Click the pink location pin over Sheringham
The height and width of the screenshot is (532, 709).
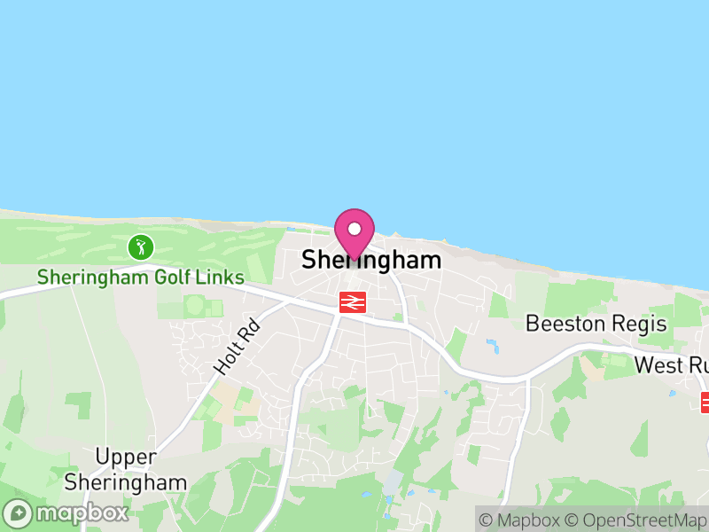(354, 232)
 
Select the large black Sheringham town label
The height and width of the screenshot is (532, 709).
(371, 260)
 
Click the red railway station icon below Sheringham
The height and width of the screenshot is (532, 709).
(353, 302)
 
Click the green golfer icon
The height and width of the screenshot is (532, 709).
(140, 247)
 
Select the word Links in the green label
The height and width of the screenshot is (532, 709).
(222, 278)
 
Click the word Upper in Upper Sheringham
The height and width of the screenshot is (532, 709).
(126, 458)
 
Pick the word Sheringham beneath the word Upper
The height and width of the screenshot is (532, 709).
(126, 482)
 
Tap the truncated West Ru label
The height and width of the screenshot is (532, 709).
(671, 365)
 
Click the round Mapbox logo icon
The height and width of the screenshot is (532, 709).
(17, 513)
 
